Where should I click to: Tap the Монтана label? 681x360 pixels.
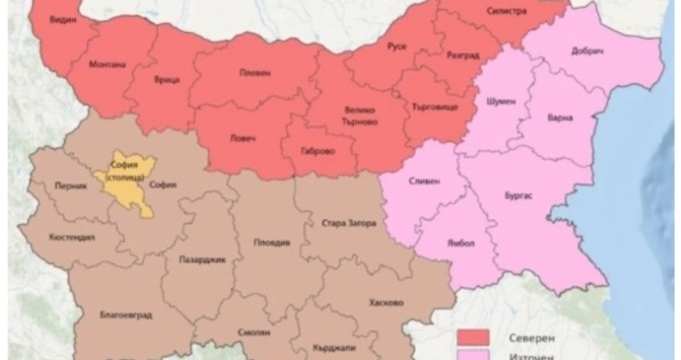pos(107,64)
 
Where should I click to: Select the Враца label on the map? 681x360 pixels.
pos(166,82)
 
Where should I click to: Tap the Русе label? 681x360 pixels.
pos(397,47)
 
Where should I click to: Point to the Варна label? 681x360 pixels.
pos(560,117)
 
